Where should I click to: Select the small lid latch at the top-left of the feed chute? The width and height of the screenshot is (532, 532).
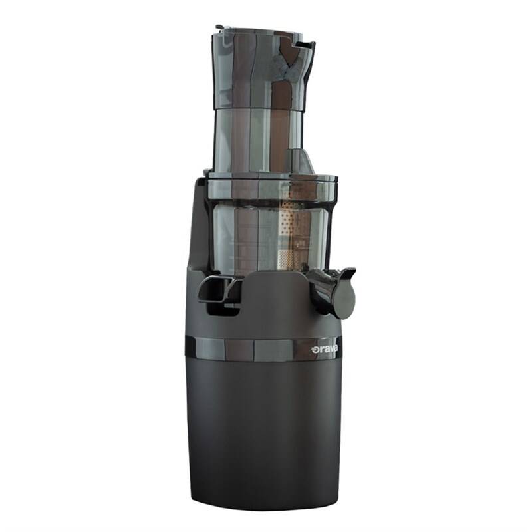(220, 28)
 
